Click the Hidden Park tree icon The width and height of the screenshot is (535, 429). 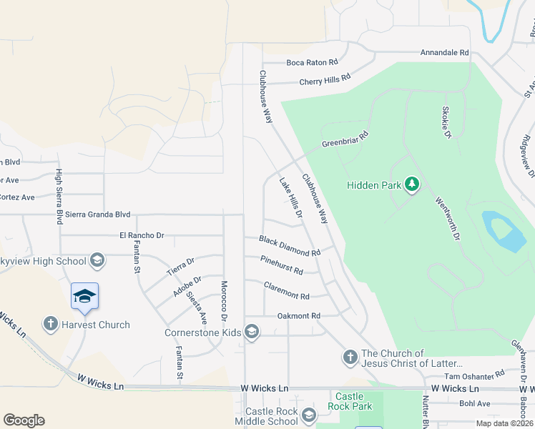[411, 185]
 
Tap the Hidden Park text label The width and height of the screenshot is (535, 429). [374, 185]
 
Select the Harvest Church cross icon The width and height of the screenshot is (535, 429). [51, 325]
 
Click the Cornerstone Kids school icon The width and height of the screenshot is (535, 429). [251, 332]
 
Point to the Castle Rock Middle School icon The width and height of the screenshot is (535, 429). [308, 415]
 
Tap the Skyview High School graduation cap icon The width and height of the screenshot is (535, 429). [97, 261]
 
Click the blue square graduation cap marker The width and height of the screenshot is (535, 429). [84, 297]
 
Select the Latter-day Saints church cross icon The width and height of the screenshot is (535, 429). [350, 357]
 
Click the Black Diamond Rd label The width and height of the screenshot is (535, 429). [290, 247]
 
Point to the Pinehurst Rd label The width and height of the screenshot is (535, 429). [282, 266]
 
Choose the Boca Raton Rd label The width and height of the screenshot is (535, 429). [312, 62]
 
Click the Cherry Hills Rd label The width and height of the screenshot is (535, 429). [325, 79]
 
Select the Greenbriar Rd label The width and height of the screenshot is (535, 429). [345, 139]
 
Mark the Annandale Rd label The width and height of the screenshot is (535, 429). [444, 53]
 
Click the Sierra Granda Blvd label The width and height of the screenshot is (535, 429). [98, 214]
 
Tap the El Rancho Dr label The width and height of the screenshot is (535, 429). [142, 235]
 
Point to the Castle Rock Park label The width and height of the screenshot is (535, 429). [350, 401]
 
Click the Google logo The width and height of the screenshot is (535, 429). [24, 420]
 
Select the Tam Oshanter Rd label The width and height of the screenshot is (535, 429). [474, 375]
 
